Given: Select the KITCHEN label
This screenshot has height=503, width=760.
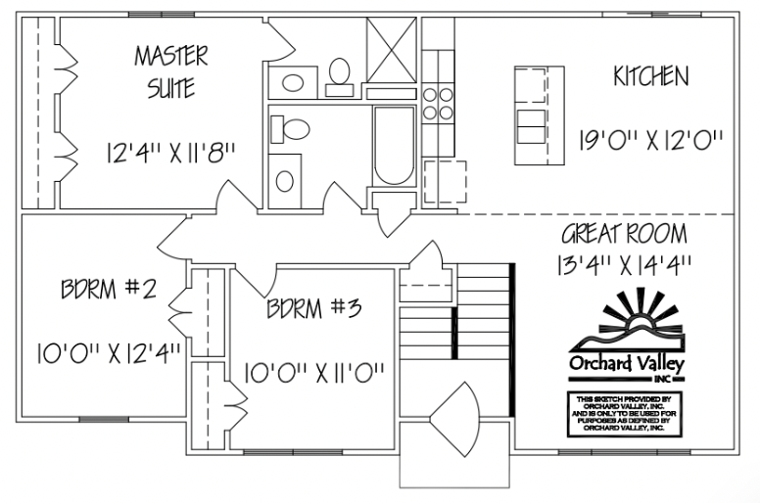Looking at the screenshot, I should coord(650,76).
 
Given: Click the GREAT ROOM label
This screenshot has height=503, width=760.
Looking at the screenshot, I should coord(624,236).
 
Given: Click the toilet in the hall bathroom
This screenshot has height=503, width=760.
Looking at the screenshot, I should coord(292,128).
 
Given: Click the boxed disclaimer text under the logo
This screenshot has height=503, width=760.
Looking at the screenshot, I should coord(624,414).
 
